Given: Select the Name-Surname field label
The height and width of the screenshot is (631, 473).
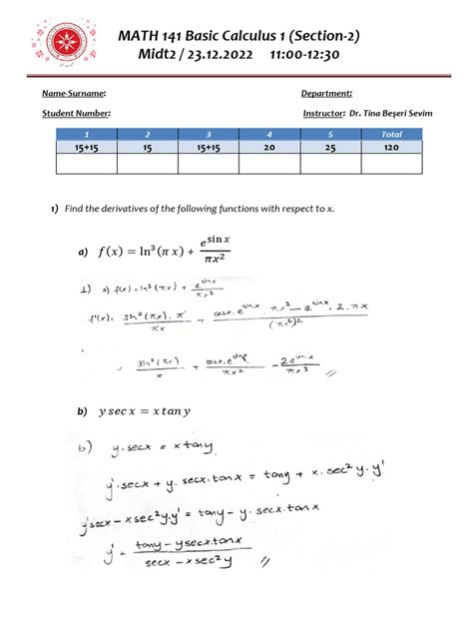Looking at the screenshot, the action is [x=74, y=93].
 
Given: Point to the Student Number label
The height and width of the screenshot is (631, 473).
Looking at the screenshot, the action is [x=76, y=115].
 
